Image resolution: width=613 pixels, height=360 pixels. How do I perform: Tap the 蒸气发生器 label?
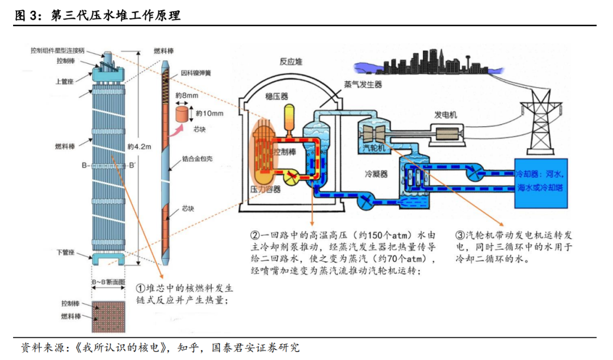(x=363, y=84)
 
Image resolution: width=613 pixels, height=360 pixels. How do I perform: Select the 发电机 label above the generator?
(x=446, y=115)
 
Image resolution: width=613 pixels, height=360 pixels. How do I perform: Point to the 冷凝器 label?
(x=376, y=174)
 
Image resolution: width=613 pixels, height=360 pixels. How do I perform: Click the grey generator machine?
(x=448, y=134)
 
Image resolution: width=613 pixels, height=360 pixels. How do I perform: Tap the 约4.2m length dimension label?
(x=140, y=147)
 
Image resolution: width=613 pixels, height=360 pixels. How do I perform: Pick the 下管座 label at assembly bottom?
(x=65, y=252)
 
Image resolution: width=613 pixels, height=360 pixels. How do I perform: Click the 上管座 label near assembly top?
(x=65, y=81)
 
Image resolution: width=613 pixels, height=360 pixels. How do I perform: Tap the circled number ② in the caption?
(x=255, y=234)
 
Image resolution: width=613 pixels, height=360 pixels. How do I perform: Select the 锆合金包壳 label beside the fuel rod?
(x=197, y=158)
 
